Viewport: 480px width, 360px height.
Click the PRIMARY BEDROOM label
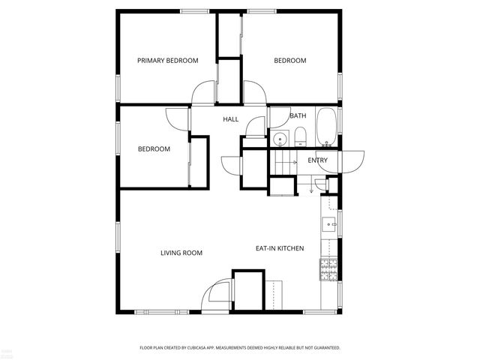(x=167, y=61)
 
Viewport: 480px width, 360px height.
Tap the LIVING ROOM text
(x=181, y=253)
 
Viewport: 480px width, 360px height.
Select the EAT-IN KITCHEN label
(x=280, y=248)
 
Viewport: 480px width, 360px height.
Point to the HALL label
(x=230, y=119)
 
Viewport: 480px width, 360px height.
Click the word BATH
(x=298, y=115)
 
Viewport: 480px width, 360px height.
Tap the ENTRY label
(x=317, y=160)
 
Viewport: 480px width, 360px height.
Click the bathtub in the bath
(x=326, y=127)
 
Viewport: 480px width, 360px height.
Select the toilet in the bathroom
(x=299, y=136)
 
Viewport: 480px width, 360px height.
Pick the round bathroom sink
(x=279, y=139)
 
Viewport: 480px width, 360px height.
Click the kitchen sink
(x=329, y=223)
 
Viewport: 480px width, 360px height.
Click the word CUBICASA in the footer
(x=212, y=348)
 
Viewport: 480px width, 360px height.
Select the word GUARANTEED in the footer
(x=325, y=348)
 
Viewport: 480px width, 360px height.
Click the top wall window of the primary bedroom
(x=190, y=10)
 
